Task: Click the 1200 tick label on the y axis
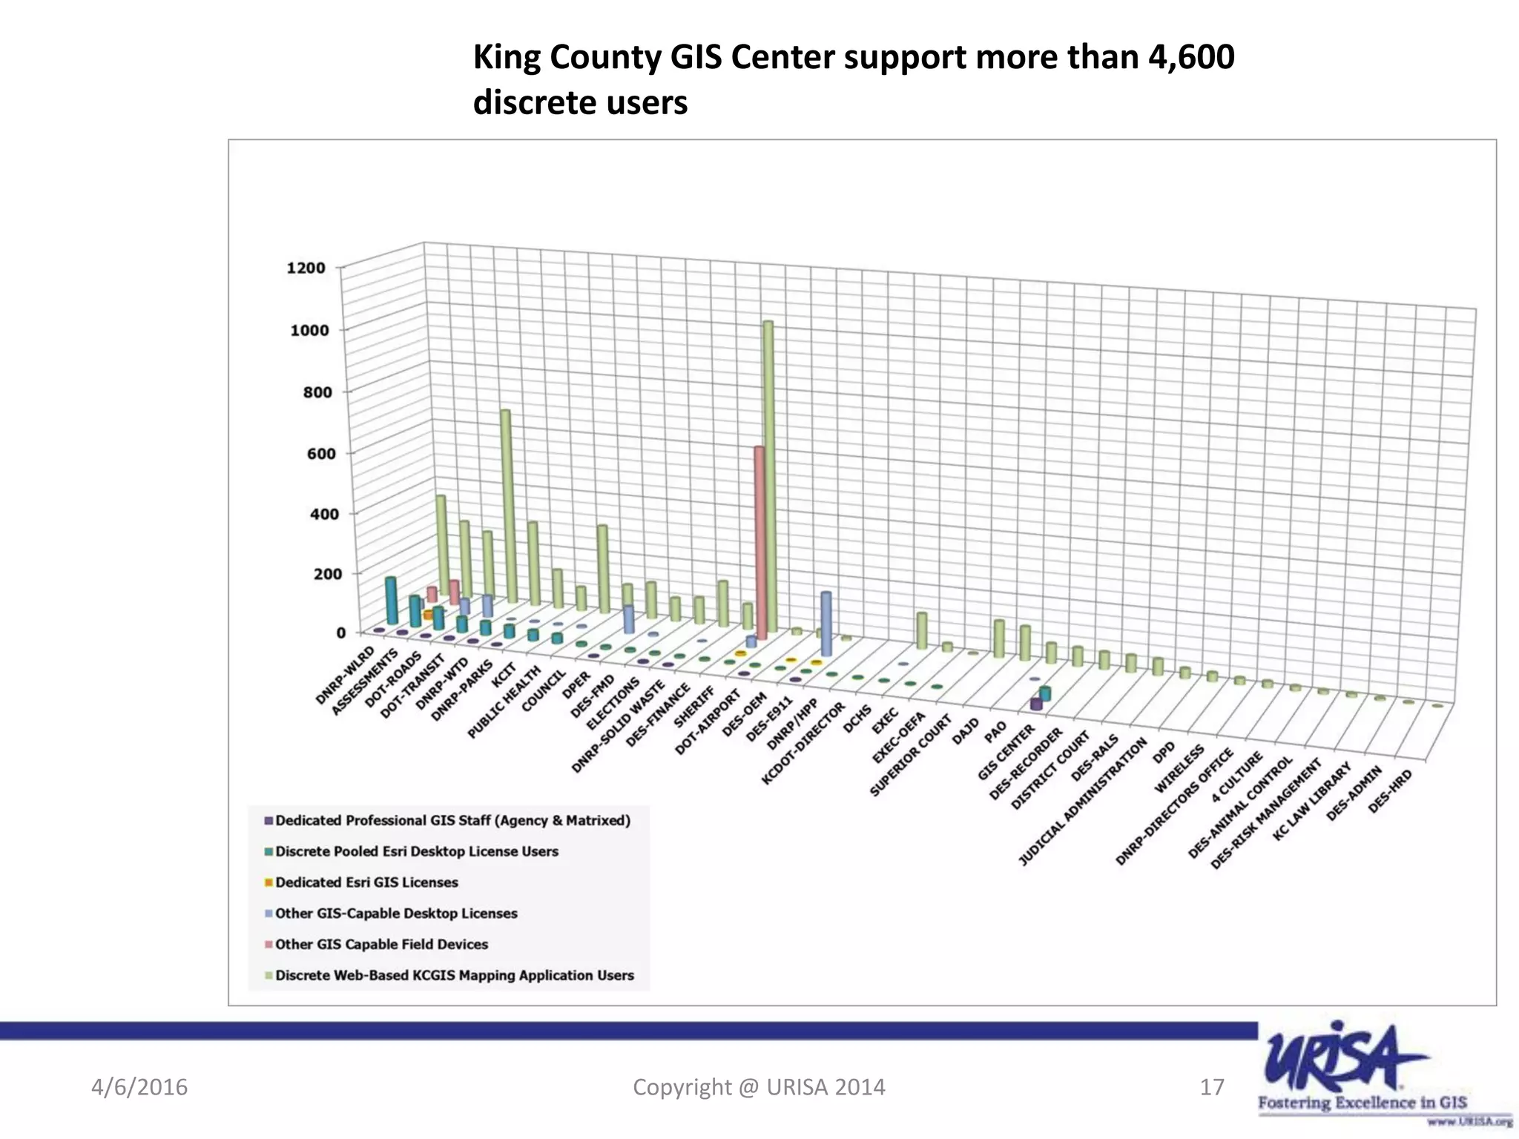pyautogui.click(x=306, y=268)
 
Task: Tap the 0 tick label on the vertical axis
pyautogui.click(x=340, y=633)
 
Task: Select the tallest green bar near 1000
pyautogui.click(x=768, y=475)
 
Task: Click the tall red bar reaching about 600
pyautogui.click(x=759, y=541)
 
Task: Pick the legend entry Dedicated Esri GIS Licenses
pyautogui.click(x=366, y=882)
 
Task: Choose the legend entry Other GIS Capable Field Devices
pyautogui.click(x=381, y=945)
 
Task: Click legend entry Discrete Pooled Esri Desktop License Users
pyautogui.click(x=416, y=851)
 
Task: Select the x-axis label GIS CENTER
pyautogui.click(x=1005, y=752)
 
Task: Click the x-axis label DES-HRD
pyautogui.click(x=1390, y=790)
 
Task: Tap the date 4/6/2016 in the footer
pyautogui.click(x=139, y=1087)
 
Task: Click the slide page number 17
pyautogui.click(x=1211, y=1087)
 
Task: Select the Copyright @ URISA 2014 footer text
pyautogui.click(x=759, y=1087)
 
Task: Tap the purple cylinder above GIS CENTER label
pyautogui.click(x=1036, y=704)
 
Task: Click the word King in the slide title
pyautogui.click(x=502, y=57)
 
